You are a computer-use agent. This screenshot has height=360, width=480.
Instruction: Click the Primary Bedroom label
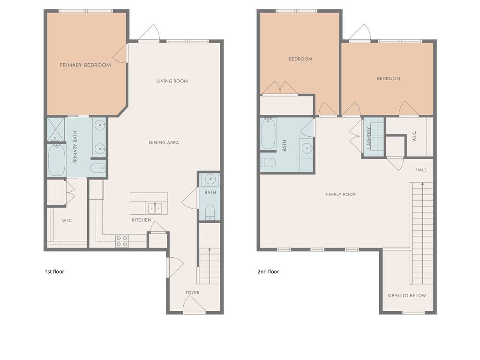pos(85,65)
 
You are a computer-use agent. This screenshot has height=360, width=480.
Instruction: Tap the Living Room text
pos(172,81)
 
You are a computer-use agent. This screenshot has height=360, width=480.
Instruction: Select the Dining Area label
pos(164,142)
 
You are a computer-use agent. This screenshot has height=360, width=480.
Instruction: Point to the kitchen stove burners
pos(121,241)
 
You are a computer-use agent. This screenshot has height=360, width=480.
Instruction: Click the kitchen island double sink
pos(155,208)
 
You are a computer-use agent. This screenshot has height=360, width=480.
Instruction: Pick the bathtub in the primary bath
pos(57,160)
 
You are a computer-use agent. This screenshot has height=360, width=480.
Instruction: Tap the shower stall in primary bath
pos(56,129)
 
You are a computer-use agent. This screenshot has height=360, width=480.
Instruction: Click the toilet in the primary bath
pos(98,168)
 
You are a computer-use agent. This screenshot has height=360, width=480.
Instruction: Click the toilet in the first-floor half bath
pos(210,212)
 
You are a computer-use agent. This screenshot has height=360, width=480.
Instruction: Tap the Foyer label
pos(192,293)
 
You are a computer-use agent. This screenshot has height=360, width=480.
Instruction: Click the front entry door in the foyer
pos(194,305)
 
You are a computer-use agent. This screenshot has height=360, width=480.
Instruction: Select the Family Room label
pos(341,195)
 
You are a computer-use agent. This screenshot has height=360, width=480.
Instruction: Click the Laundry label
pos(369,138)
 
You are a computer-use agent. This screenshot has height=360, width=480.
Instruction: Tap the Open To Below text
pos(407,296)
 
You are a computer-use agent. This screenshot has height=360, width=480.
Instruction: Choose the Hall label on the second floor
pos(421,170)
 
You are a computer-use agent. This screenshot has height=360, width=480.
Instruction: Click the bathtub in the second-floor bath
pos(269,134)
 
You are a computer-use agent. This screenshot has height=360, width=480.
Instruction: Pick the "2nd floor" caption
pos(268,271)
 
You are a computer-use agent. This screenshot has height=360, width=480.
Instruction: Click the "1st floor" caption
pos(54,271)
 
